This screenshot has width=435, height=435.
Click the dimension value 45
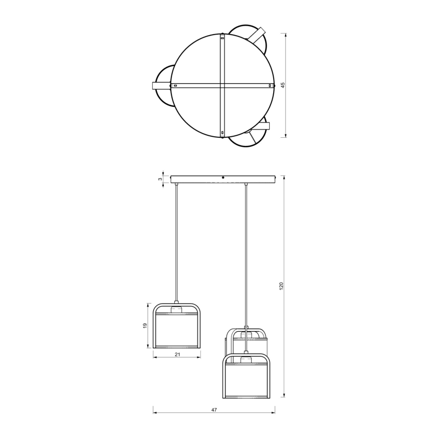pos(283,85)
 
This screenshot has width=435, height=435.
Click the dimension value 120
pos(281,286)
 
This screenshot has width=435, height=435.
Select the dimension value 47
pos(214,410)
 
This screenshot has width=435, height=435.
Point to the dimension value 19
pos(145,326)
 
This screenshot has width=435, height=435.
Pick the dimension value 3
pos(160,179)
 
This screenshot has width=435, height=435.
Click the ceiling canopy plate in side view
pos(223,179)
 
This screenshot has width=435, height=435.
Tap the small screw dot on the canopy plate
pos(223,177)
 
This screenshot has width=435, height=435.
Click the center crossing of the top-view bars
pos(222,86)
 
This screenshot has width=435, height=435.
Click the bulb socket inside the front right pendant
pos(246,360)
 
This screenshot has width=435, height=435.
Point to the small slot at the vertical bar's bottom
pos(222,133)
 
